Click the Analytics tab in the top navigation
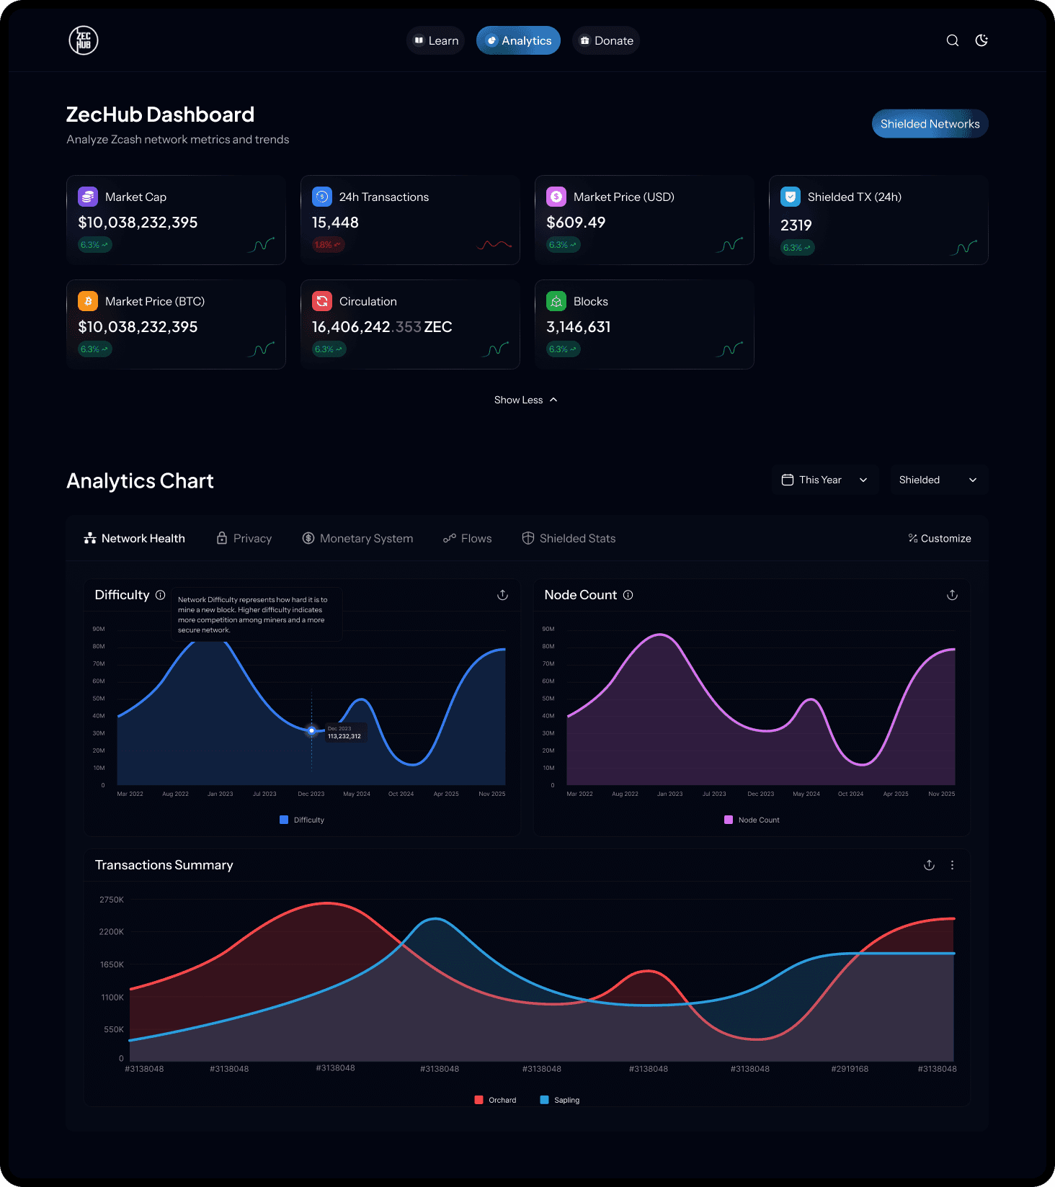tap(518, 41)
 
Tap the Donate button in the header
tap(606, 41)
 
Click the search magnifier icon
tap(952, 40)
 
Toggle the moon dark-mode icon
tap(981, 40)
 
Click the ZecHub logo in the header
tap(84, 40)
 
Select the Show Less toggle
tap(525, 400)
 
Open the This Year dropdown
tap(825, 480)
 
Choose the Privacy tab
tap(244, 538)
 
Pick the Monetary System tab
tap(357, 538)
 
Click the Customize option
tap(940, 538)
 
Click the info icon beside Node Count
tap(628, 595)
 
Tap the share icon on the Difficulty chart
tap(502, 595)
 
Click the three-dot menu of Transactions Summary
tap(952, 865)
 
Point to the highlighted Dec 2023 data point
tap(311, 730)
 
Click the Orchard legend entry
tap(496, 1100)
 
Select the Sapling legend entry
tap(560, 1100)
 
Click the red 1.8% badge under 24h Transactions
tap(328, 245)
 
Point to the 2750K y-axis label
tap(112, 900)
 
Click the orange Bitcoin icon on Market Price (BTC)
tap(88, 301)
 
